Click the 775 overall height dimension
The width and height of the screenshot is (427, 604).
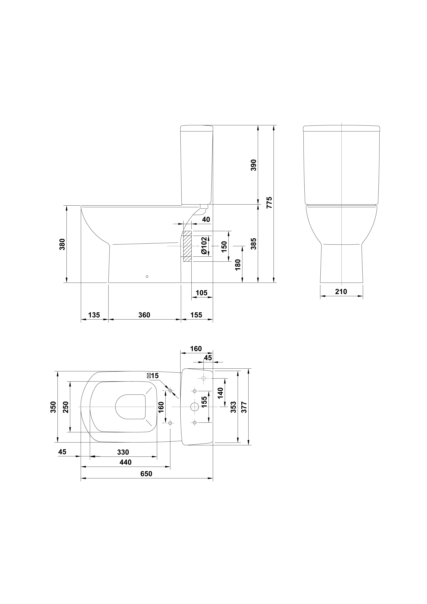click(x=269, y=203)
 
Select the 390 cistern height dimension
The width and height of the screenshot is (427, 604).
click(x=253, y=165)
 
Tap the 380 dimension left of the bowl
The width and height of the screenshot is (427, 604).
click(x=62, y=244)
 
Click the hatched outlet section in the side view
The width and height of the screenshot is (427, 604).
click(x=187, y=246)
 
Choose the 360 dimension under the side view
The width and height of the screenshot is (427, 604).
click(x=144, y=315)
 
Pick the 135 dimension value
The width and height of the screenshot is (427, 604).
click(x=94, y=315)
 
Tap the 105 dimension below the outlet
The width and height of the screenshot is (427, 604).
click(x=201, y=293)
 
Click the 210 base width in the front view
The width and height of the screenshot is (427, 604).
click(x=341, y=291)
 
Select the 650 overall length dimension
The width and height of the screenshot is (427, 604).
click(x=146, y=473)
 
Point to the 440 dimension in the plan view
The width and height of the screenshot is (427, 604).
click(x=126, y=462)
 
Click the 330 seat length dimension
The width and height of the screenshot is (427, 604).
click(x=123, y=452)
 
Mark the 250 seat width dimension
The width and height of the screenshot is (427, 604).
click(x=66, y=407)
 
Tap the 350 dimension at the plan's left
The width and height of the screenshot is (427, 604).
click(x=53, y=407)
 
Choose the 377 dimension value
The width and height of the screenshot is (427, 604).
click(x=244, y=407)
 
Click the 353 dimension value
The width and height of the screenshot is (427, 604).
click(x=233, y=407)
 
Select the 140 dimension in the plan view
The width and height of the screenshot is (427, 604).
click(x=220, y=393)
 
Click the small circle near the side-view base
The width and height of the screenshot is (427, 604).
click(x=147, y=277)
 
